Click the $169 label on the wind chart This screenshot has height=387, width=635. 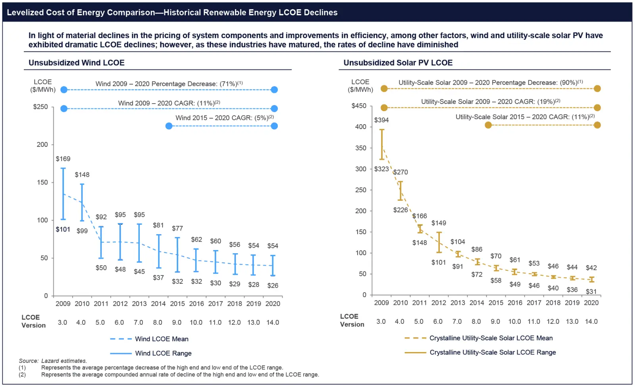[63, 159]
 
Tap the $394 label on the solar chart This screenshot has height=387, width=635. [381, 120]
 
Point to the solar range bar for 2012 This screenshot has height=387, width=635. [439, 242]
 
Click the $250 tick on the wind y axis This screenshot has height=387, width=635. [40, 107]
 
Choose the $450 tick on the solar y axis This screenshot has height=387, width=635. [359, 106]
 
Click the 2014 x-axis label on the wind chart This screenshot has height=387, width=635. [158, 304]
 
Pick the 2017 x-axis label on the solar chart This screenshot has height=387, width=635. [534, 302]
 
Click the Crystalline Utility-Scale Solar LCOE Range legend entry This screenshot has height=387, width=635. [493, 352]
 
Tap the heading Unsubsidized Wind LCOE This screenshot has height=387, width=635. [77, 63]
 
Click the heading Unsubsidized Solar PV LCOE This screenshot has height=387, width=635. [398, 63]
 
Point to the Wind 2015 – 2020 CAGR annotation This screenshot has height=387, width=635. [225, 118]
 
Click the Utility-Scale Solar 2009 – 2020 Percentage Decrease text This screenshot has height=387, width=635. [491, 83]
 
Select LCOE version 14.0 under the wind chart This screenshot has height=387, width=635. [273, 322]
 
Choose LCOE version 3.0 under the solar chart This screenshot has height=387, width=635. [381, 322]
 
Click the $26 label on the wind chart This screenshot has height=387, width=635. [273, 285]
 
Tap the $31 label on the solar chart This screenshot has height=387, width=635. [591, 291]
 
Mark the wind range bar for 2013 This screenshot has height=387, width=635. [139, 243]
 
